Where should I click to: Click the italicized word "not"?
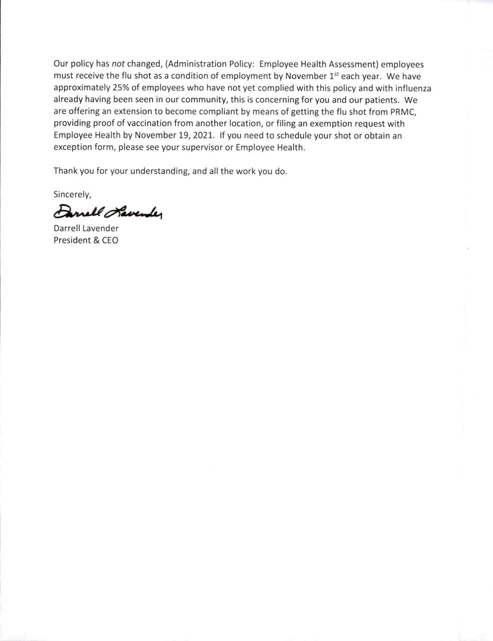pos(118,65)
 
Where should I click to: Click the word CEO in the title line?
pos(110,240)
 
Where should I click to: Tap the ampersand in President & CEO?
pos(95,240)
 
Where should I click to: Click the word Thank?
pos(65,171)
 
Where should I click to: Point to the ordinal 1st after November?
pos(334,76)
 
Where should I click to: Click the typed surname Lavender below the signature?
pos(101,228)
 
